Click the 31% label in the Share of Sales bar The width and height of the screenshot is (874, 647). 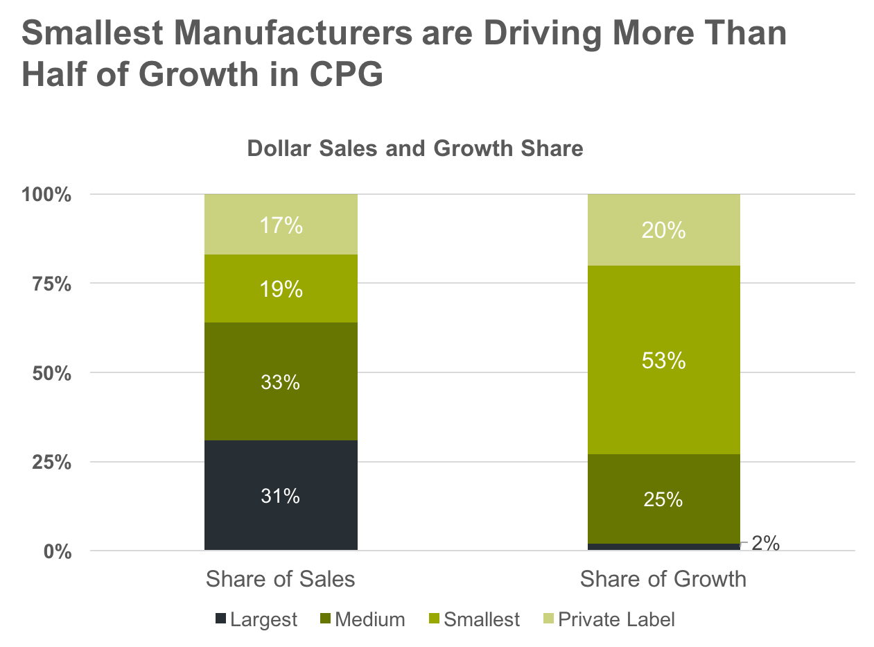click(x=280, y=496)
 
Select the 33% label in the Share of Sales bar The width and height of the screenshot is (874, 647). click(x=280, y=382)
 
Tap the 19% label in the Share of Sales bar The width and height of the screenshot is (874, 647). click(x=280, y=289)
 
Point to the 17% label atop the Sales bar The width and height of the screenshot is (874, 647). click(x=280, y=225)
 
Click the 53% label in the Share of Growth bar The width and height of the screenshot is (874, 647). click(x=663, y=361)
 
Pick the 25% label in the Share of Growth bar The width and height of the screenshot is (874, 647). click(x=663, y=499)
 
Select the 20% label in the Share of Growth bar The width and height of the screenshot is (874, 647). click(x=663, y=231)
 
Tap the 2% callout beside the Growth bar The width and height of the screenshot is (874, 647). click(x=765, y=544)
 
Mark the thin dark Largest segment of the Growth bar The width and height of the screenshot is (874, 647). click(x=663, y=546)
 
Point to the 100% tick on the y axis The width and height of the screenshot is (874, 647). click(x=47, y=195)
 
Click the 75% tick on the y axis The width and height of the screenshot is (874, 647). click(x=51, y=284)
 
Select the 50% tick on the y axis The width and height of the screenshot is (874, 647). click(x=51, y=373)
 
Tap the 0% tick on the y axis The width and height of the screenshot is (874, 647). click(x=58, y=551)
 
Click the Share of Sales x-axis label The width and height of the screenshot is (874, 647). click(x=280, y=579)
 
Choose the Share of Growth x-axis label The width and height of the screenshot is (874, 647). click(x=663, y=579)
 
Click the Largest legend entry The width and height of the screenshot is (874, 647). click(x=256, y=619)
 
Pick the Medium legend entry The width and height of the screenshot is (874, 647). click(x=363, y=619)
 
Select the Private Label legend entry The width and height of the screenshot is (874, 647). click(x=609, y=619)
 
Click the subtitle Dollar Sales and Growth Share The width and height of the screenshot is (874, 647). click(x=415, y=148)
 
